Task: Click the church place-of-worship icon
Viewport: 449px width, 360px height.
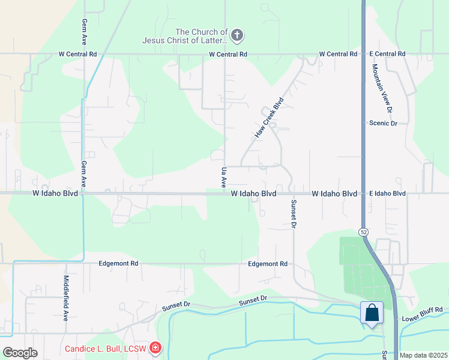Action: (237, 36)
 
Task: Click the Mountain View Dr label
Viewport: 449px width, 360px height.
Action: (382, 89)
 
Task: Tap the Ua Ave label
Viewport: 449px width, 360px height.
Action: (224, 176)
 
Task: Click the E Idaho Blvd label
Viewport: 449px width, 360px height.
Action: (388, 194)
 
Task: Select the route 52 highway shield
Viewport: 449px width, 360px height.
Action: (364, 232)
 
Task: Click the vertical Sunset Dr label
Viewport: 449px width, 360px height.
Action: (294, 214)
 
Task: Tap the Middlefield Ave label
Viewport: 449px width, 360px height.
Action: (66, 298)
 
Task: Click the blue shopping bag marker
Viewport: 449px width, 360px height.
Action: (372, 313)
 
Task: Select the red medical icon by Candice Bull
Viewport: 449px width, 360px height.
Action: (155, 348)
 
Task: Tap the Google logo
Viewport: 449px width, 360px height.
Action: (20, 353)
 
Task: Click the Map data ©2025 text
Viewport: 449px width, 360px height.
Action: (423, 355)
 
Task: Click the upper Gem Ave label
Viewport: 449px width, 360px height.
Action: (84, 31)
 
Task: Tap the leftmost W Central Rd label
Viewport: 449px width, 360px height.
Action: (78, 54)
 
